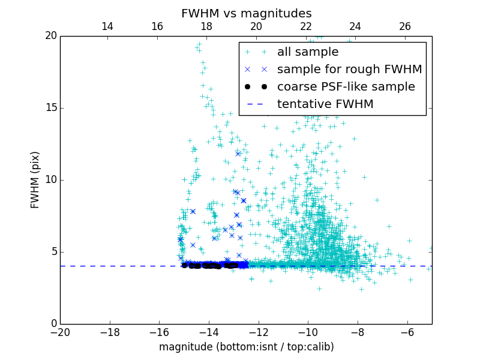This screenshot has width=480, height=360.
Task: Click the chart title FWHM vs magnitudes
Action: pos(246,13)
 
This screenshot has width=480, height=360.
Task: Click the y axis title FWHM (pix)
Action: pos(35,179)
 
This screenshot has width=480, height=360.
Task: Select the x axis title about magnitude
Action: pos(246,347)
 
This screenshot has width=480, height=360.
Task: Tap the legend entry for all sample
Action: pos(307,52)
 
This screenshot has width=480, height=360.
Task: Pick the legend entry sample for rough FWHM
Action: pos(349,70)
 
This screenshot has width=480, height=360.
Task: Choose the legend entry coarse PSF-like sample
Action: pos(346,87)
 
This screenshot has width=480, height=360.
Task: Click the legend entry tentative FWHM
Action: pos(325,104)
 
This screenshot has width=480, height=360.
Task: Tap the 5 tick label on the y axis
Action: pos(53,252)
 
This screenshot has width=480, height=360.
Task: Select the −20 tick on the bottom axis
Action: pos(60,332)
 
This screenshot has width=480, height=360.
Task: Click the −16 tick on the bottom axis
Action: pos(159,332)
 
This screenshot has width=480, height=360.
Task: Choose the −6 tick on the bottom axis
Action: pos(407,332)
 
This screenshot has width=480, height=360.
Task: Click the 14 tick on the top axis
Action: pos(107,26)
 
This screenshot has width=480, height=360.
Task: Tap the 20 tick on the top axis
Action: pos(256,26)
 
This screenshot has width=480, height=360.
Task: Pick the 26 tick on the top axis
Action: pos(405,26)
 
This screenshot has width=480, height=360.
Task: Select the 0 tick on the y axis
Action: pos(53,324)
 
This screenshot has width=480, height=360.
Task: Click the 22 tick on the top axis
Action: pos(306,26)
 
